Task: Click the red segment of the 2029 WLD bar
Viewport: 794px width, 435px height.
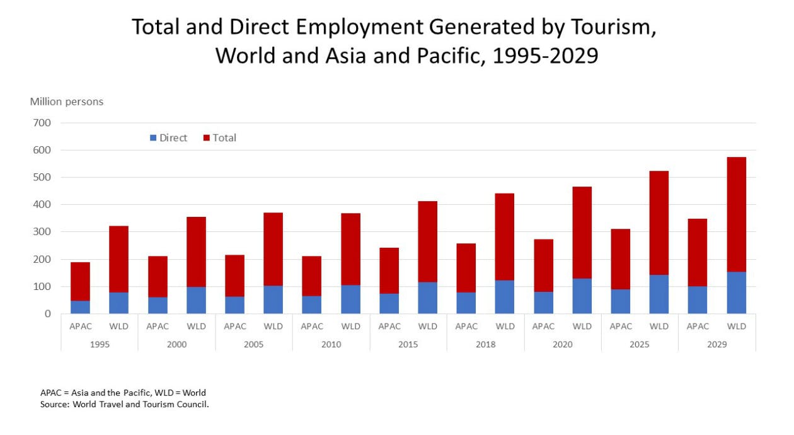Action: tap(736, 214)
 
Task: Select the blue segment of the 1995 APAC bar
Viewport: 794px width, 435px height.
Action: tap(80, 307)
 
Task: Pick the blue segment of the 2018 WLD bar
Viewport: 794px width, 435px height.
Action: tap(505, 297)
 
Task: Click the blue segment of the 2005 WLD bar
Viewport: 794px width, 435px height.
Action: tap(273, 299)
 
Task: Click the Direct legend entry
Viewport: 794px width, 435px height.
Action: tap(168, 138)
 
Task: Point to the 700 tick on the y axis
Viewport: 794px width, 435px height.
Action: tap(42, 123)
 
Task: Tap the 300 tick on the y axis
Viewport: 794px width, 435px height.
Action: tap(42, 232)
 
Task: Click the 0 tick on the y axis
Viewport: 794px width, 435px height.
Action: tap(47, 314)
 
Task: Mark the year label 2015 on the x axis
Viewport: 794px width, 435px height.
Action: tap(408, 344)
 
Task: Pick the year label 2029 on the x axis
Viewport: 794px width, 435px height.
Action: tap(716, 344)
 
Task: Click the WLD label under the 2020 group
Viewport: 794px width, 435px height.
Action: tap(582, 327)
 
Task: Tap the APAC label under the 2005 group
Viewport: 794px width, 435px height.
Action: tap(234, 327)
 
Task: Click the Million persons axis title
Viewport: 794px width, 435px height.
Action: tap(67, 101)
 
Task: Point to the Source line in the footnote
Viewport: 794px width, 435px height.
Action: tap(124, 404)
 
